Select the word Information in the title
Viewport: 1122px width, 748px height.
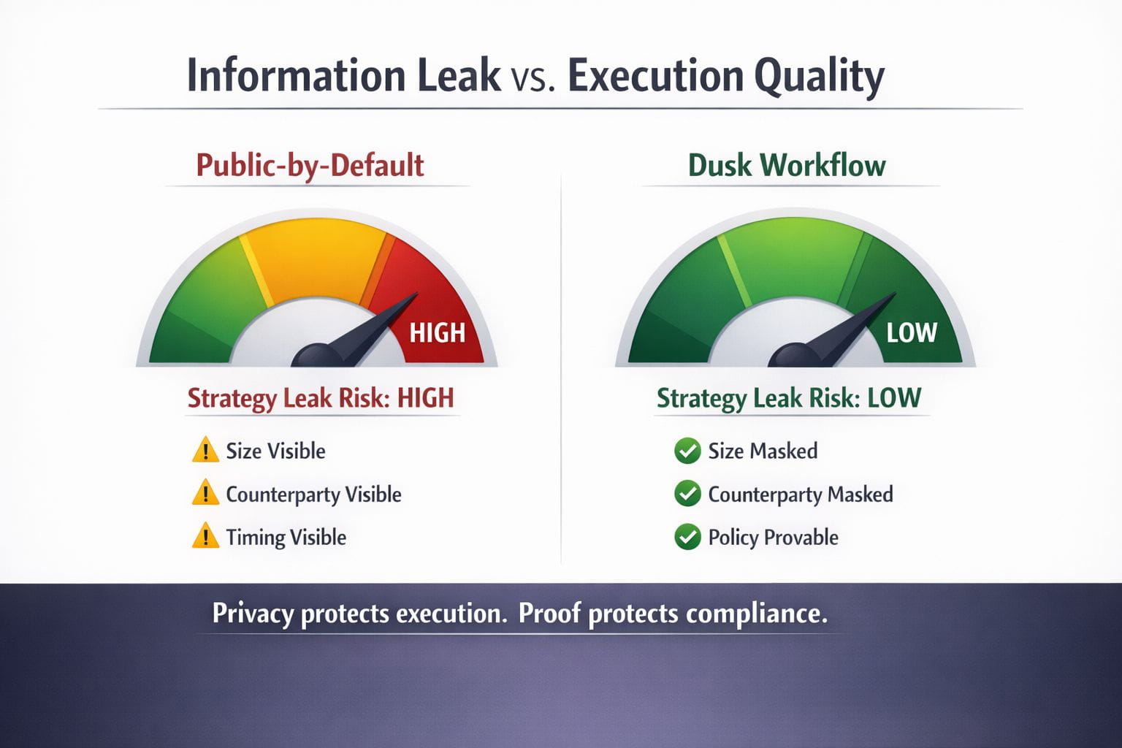point(297,75)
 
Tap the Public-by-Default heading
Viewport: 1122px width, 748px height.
point(310,166)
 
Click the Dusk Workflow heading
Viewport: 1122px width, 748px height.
point(787,165)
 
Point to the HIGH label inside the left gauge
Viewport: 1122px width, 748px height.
point(438,332)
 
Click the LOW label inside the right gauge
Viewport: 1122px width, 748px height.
point(912,332)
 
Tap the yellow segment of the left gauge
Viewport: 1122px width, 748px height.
point(316,261)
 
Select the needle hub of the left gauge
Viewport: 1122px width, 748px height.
point(316,355)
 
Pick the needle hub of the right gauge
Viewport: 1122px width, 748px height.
point(793,355)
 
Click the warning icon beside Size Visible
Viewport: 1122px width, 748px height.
point(205,450)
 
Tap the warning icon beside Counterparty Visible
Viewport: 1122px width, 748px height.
point(205,492)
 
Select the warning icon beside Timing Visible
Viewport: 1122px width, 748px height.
point(205,535)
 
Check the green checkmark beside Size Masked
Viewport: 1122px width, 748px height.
point(687,451)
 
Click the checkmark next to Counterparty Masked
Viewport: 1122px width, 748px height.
point(687,494)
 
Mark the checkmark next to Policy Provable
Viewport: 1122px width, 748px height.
point(687,537)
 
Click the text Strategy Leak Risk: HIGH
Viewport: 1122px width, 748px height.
point(321,399)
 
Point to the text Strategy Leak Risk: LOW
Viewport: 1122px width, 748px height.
point(789,399)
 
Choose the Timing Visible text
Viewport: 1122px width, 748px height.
point(286,538)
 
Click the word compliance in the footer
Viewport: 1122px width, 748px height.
point(756,614)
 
